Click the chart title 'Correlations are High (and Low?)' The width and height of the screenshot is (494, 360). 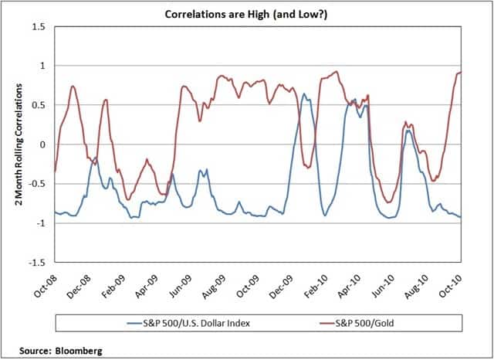coord(247,13)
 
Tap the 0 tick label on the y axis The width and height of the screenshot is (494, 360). coord(43,144)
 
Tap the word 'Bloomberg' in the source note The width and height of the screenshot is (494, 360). coord(77,350)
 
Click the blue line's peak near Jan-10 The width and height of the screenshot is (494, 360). coord(303,94)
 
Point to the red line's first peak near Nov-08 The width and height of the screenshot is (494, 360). coord(73,86)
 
